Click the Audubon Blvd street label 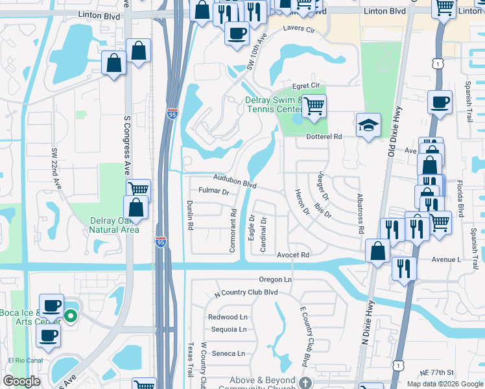click(231, 181)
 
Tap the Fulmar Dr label click(215, 192)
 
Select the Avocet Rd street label click(292, 255)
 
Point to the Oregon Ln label click(276, 279)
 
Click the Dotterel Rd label click(324, 137)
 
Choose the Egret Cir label click(306, 86)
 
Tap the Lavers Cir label click(298, 30)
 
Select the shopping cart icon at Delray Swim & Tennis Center click(314, 104)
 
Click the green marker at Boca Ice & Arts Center click(71, 317)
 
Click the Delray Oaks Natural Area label click(114, 224)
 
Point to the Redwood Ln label click(228, 317)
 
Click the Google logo click(22, 381)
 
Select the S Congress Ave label click(127, 145)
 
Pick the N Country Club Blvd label click(246, 293)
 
